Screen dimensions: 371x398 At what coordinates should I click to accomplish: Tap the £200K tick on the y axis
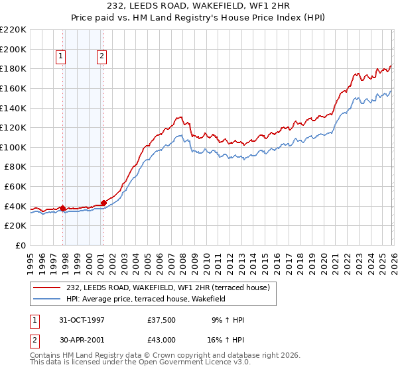coord(13,49)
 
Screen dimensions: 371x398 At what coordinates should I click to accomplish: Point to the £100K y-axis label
coord(13,147)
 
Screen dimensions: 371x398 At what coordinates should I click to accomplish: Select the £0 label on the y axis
coord(20,245)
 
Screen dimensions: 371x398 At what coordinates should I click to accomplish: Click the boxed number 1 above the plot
coord(60,57)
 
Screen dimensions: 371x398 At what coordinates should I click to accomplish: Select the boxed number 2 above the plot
coord(102,57)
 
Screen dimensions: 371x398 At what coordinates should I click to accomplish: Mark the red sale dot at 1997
coord(63,208)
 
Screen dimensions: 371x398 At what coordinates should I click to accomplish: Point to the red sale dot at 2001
coord(103,203)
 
